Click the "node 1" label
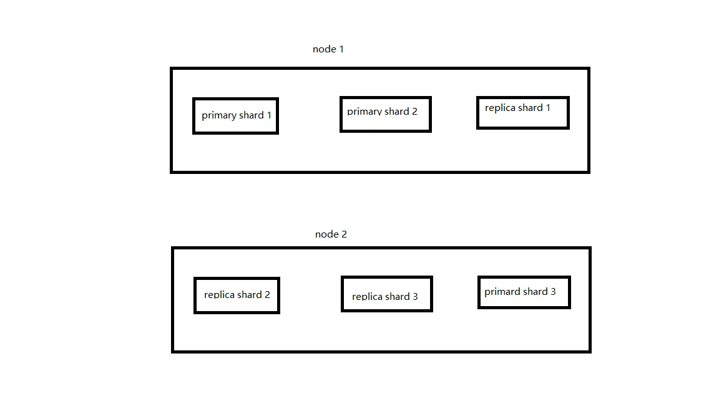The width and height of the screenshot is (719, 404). point(328,49)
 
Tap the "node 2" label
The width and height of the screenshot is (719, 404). point(331,234)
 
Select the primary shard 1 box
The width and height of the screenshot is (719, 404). point(236,99)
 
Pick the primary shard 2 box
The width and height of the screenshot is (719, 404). point(386,97)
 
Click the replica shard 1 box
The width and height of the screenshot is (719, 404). point(523,97)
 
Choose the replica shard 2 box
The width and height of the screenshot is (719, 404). point(237,278)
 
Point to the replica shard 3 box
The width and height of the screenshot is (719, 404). point(387,277)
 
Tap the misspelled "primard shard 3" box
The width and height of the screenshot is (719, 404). point(524,277)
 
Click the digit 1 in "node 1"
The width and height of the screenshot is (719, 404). point(341,49)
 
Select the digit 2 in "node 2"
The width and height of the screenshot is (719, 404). point(344,234)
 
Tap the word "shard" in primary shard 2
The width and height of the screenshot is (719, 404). point(397,112)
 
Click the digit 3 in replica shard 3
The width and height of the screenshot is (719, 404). point(415,296)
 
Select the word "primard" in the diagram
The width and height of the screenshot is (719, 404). point(502,292)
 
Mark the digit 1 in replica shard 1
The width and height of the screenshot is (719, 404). point(547,108)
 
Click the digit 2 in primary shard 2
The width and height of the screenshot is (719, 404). point(414,112)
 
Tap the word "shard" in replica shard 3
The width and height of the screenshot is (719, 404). point(397,296)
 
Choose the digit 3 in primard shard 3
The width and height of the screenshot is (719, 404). point(553,292)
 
